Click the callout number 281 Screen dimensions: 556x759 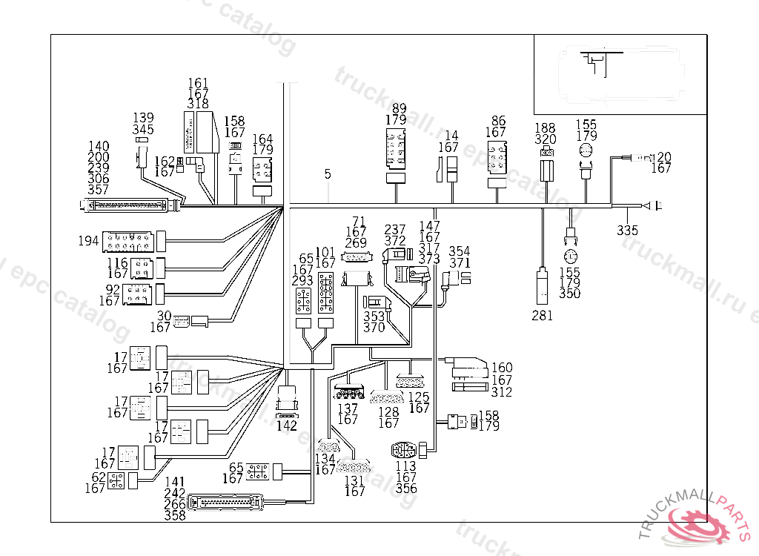[542, 315]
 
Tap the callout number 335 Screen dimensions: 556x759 [627, 231]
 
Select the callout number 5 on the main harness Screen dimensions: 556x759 [328, 174]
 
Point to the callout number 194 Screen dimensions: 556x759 [88, 241]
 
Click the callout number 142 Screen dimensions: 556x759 [287, 426]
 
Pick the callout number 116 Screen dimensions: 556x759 [117, 264]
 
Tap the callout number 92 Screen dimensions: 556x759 [113, 290]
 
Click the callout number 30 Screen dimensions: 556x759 [163, 316]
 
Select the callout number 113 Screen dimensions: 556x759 [405, 466]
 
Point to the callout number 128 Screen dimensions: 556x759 [388, 412]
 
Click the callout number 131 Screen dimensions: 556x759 [355, 480]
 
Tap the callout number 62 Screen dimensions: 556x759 [99, 477]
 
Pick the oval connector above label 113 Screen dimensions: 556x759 [405, 450]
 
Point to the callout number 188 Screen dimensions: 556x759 [545, 128]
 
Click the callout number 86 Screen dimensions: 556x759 [498, 121]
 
